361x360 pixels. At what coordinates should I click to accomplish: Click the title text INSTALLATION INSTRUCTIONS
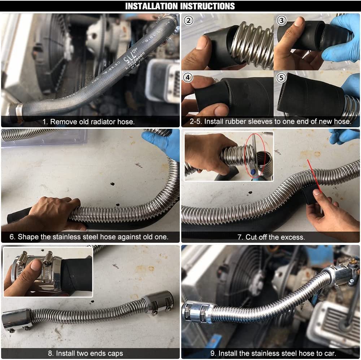coord(180,6)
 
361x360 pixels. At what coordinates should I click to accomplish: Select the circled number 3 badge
coord(282,21)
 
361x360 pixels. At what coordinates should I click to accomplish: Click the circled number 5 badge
coord(282,77)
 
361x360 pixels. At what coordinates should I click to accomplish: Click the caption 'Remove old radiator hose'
coord(88,122)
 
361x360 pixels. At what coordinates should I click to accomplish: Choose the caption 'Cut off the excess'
coord(271,237)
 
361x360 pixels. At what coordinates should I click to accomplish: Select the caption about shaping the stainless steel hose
coord(89,237)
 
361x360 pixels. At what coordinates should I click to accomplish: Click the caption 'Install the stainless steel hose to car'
coord(272,353)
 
